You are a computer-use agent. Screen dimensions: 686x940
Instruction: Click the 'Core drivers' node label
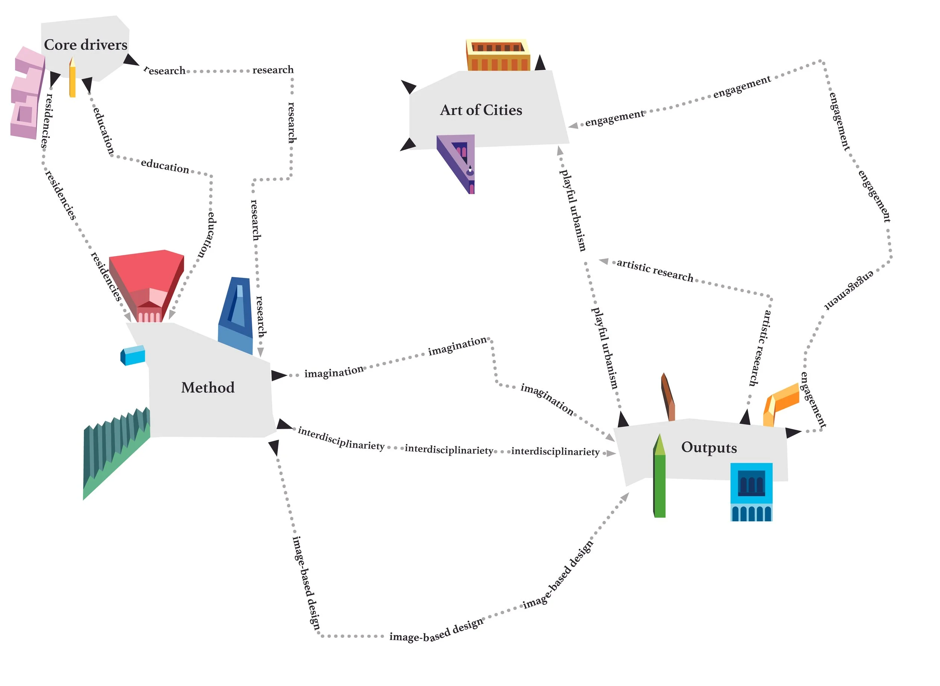[x=85, y=45]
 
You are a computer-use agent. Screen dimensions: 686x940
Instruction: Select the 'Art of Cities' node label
[x=481, y=110]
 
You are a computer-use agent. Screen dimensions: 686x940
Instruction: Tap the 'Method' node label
[x=208, y=387]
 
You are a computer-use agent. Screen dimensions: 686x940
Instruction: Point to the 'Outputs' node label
[x=709, y=447]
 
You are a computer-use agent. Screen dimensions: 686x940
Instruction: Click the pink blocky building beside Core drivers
[x=27, y=93]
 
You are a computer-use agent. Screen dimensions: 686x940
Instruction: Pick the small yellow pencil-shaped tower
[x=72, y=78]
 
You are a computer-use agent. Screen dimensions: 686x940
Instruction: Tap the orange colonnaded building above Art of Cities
[x=497, y=56]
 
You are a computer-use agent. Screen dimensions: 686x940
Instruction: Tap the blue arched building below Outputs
[x=751, y=492]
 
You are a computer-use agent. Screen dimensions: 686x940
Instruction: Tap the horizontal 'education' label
[x=165, y=166]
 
